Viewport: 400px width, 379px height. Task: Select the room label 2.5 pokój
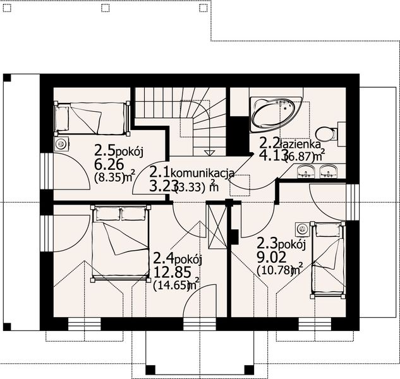pos(120,151)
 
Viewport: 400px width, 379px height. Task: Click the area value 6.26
pos(107,165)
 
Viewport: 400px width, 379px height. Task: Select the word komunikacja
pos(203,172)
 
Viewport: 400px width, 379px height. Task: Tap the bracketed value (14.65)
pos(171,285)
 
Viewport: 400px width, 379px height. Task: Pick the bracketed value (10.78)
pos(275,270)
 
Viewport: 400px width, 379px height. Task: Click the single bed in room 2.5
pos(91,118)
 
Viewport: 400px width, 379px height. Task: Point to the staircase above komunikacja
pos(181,120)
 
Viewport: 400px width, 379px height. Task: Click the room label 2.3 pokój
pos(281,243)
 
